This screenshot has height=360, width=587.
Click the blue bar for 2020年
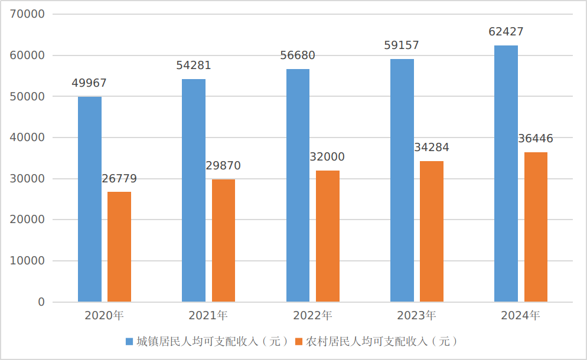point(90,199)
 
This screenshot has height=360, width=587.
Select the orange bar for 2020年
point(119,247)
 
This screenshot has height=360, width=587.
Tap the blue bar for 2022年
point(298,185)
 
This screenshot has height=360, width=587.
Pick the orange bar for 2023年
point(432,231)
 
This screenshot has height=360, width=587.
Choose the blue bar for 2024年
point(506,174)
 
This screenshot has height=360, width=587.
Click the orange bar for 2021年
point(223,241)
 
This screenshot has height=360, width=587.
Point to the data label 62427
point(506,32)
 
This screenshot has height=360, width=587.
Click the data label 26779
point(119,179)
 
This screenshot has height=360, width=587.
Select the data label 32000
point(327,157)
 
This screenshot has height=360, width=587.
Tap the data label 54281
point(194,66)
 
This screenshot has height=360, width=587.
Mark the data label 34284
point(432,148)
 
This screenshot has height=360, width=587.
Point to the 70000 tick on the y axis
point(28,14)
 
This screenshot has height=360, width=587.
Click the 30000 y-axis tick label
point(28,179)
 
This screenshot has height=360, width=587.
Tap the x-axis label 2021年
point(208,316)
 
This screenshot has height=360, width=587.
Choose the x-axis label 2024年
point(521,316)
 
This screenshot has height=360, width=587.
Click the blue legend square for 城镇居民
point(130,342)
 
